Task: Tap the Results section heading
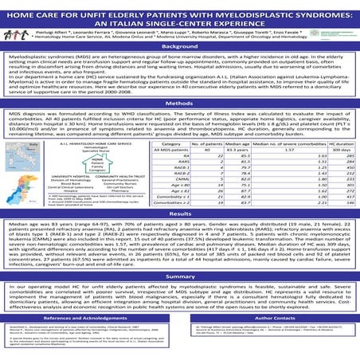180,215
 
